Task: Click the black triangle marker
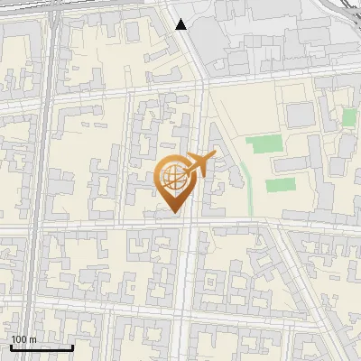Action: pyautogui.click(x=181, y=24)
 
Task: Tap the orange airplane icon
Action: pyautogui.click(x=199, y=165)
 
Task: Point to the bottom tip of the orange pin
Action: pyautogui.click(x=173, y=213)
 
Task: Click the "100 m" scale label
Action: pyautogui.click(x=23, y=338)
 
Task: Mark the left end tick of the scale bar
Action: pyautogui.click(x=11, y=347)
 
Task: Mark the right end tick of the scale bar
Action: pyautogui.click(x=72, y=347)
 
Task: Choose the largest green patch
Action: pyautogui.click(x=265, y=143)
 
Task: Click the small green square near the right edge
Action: pyautogui.click(x=348, y=117)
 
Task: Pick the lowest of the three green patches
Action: pyautogui.click(x=280, y=185)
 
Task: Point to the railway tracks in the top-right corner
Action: pyautogui.click(x=347, y=11)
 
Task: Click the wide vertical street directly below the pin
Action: pyautogui.click(x=187, y=289)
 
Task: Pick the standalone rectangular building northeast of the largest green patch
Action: pyautogui.click(x=299, y=115)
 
